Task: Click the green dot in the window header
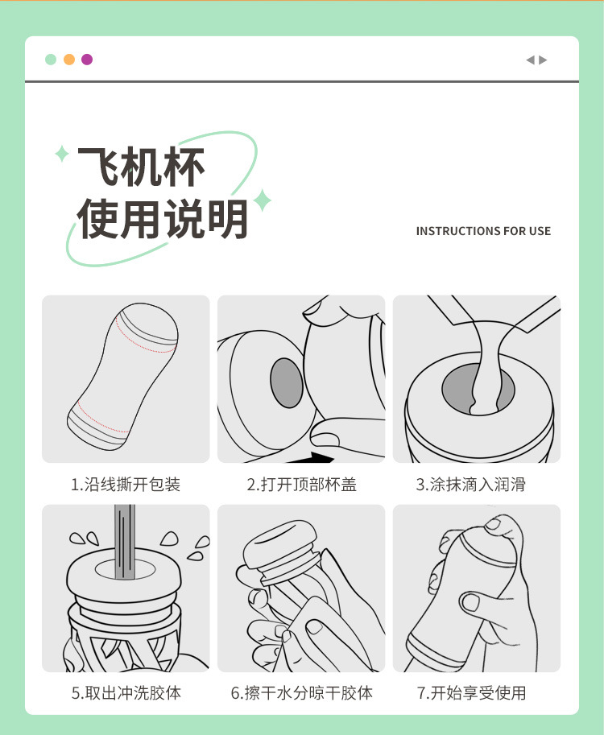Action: click(x=51, y=60)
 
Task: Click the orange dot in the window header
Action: click(x=69, y=60)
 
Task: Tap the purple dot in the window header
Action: click(x=87, y=60)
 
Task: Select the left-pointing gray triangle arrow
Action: click(x=531, y=60)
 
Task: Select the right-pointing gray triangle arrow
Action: click(x=543, y=60)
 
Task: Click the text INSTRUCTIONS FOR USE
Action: click(x=483, y=231)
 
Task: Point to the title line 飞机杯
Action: click(x=141, y=167)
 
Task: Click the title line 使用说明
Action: click(x=162, y=218)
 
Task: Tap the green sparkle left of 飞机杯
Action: click(x=62, y=154)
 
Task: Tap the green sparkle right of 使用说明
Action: click(x=263, y=200)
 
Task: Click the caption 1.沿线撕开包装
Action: click(x=126, y=484)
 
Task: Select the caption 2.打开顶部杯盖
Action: click(x=302, y=484)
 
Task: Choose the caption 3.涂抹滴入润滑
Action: click(x=471, y=484)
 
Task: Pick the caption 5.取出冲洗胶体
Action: click(x=126, y=693)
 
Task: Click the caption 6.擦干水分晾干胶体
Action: click(x=302, y=693)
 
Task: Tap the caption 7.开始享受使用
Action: click(x=471, y=693)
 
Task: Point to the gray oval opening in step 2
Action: click(x=287, y=382)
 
